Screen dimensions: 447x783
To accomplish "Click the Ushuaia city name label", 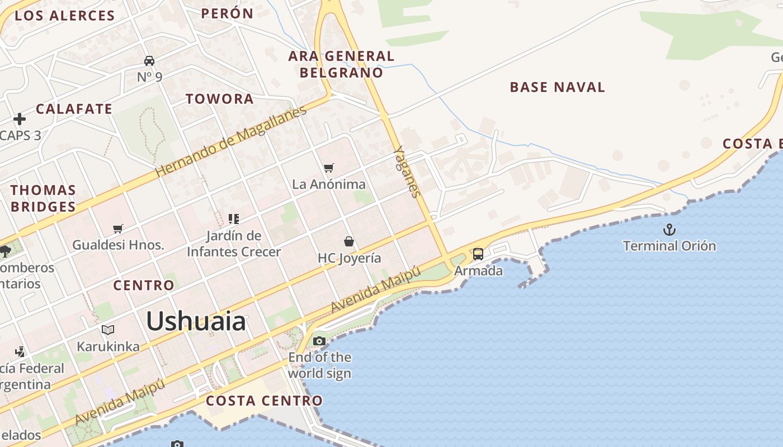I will (196, 322).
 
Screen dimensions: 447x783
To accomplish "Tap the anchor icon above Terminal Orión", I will (669, 230).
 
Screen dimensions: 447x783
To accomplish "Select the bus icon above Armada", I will (478, 254).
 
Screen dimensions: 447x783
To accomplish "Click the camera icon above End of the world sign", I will (319, 341).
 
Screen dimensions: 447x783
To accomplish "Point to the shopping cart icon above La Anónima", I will (329, 168).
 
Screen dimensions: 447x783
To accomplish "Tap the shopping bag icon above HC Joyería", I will (349, 241).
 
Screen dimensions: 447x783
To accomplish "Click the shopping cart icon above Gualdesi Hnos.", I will (118, 229).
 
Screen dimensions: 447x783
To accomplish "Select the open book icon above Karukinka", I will (108, 330).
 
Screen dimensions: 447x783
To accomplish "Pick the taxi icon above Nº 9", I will (149, 60).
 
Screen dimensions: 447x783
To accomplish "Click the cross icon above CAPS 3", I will (20, 119).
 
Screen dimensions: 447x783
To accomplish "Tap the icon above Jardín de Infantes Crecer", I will (234, 218).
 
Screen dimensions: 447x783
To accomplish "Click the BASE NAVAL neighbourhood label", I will (557, 87).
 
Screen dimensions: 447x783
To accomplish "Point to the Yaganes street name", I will (407, 172).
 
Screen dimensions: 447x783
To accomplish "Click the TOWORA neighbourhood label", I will (220, 99).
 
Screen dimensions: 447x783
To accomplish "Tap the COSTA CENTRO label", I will (264, 401).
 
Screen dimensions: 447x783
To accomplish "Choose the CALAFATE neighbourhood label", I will (74, 109).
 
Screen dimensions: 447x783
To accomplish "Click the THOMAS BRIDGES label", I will (43, 198).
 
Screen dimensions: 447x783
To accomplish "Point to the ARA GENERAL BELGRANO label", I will (341, 64).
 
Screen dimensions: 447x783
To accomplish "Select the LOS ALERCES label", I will (65, 16).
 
